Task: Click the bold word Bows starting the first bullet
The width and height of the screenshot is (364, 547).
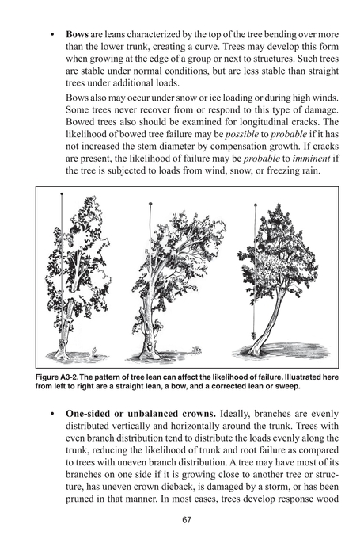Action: (78, 36)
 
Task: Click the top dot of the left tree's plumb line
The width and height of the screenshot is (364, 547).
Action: (60, 194)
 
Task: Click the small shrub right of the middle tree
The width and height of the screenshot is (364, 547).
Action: (195, 351)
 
